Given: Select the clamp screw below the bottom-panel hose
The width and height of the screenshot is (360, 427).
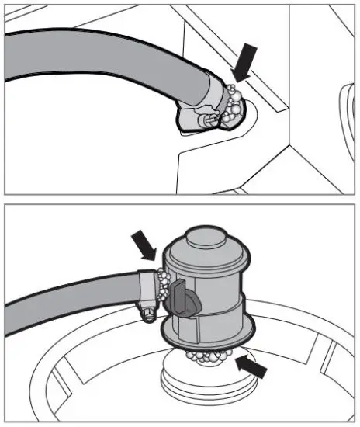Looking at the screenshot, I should coord(146,313).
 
